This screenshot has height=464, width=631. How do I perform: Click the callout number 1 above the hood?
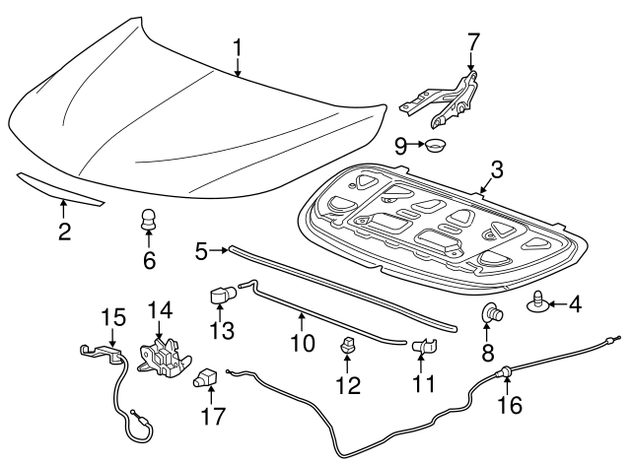(238, 46)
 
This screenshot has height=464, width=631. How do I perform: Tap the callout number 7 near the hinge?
(473, 42)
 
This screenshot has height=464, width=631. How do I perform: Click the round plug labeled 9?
(434, 147)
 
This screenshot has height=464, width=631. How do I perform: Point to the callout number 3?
(497, 169)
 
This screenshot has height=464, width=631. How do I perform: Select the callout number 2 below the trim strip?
(64, 232)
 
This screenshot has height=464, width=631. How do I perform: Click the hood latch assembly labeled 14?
(163, 356)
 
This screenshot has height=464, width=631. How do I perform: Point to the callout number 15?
(113, 317)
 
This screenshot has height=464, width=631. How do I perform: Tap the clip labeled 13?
(222, 294)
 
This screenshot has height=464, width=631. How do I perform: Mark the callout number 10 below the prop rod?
(302, 343)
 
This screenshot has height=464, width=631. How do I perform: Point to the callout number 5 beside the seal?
(201, 252)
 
